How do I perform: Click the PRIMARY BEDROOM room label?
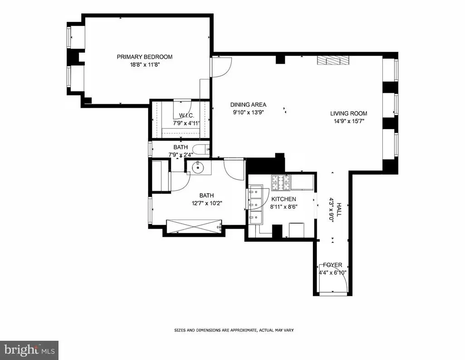coord(144,57)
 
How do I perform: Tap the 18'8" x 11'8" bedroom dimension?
coord(145,65)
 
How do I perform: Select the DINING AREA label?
coord(248,105)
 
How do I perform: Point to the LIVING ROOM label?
coord(349,113)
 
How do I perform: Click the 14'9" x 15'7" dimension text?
coord(349,121)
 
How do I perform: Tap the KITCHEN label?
coord(284,199)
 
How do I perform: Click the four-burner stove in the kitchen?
coord(281,182)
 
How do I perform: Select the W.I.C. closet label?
coord(187,115)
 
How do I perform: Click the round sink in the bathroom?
coord(198,168)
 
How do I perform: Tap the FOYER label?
coord(332,265)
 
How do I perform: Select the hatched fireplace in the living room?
coord(333,60)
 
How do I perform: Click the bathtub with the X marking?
coord(194,228)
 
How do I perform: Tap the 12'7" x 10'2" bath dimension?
coord(207,203)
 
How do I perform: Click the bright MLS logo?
coord(30,350)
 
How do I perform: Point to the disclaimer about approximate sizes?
coord(234,330)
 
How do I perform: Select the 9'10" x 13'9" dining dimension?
coord(248,112)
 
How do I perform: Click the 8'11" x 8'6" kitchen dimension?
coord(284,207)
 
